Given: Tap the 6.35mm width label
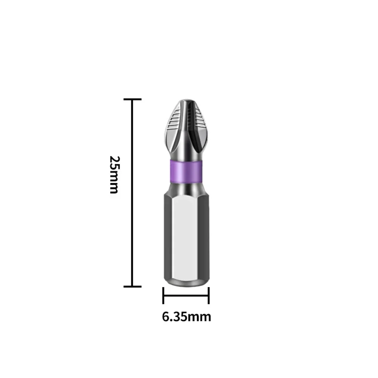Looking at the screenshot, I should coord(187,316).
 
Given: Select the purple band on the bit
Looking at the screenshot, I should coord(185,171).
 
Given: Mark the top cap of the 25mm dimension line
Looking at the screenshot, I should coord(132,99).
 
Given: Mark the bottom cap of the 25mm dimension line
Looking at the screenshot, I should coord(132,287).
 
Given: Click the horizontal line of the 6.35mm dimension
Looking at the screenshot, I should coord(186,295).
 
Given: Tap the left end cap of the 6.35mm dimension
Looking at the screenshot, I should coord(163,295).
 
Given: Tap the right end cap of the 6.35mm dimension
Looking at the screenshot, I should coord(208,295).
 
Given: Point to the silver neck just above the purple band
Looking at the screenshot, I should coord(185,153).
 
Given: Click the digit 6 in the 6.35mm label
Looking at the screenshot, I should coord(165,316).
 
